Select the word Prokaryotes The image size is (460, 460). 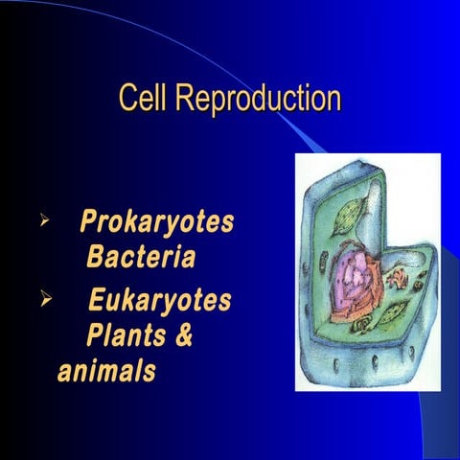click(157, 223)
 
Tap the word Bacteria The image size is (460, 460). click(141, 258)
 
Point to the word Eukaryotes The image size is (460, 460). click(160, 303)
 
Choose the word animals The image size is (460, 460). click(106, 372)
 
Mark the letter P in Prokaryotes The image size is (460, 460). click(89, 223)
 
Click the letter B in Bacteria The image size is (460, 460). click(95, 258)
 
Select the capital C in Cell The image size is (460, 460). click(126, 99)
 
